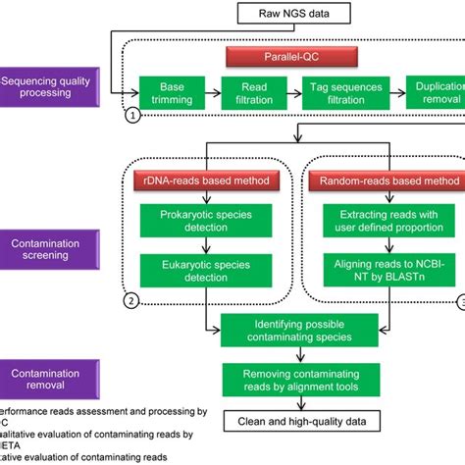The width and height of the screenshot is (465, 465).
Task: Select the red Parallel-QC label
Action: point(284,57)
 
